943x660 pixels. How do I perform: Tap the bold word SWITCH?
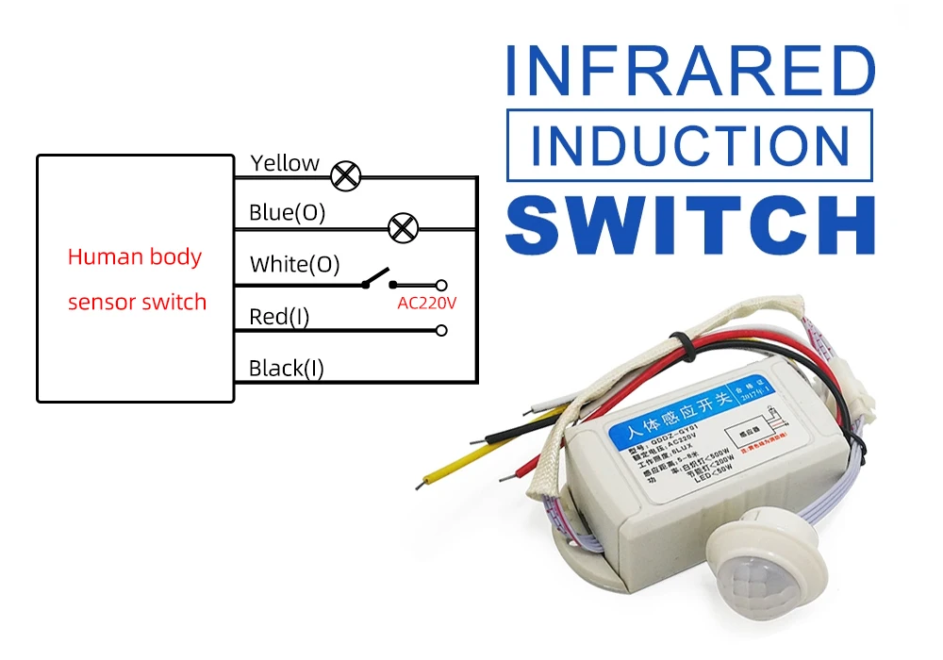click(x=689, y=225)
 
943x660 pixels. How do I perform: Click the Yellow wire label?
click(x=285, y=163)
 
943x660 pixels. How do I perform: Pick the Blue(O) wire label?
click(x=287, y=213)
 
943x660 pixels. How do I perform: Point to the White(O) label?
click(x=294, y=264)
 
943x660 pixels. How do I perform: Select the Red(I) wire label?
click(x=278, y=317)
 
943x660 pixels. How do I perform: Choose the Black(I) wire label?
click(x=286, y=368)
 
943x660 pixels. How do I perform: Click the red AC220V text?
click(x=426, y=304)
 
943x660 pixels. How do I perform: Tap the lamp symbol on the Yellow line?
click(x=346, y=174)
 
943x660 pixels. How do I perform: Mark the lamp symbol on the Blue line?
click(x=404, y=227)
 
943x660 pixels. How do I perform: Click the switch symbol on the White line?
click(x=377, y=279)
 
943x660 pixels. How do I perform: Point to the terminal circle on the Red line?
click(x=440, y=331)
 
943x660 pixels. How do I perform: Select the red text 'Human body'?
click(x=135, y=256)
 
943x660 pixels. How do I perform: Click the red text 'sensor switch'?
click(x=137, y=303)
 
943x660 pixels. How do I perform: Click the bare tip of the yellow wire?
click(x=421, y=485)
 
